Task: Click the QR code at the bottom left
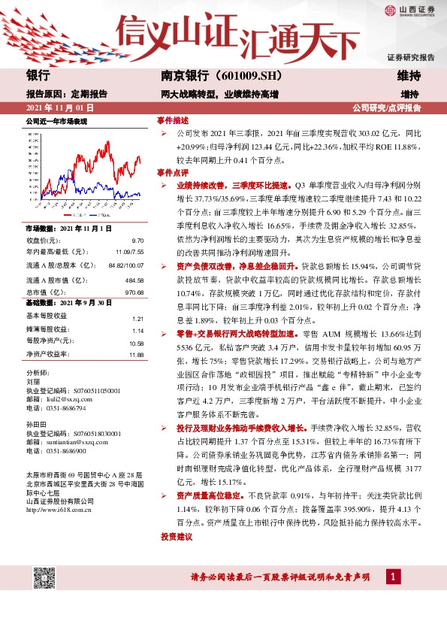click(44, 577)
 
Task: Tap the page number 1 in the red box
click(391, 577)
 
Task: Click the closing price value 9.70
click(137, 240)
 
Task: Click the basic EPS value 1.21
click(137, 319)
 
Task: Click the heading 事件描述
click(172, 120)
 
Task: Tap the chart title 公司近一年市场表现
click(57, 121)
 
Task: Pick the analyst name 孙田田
click(37, 423)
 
